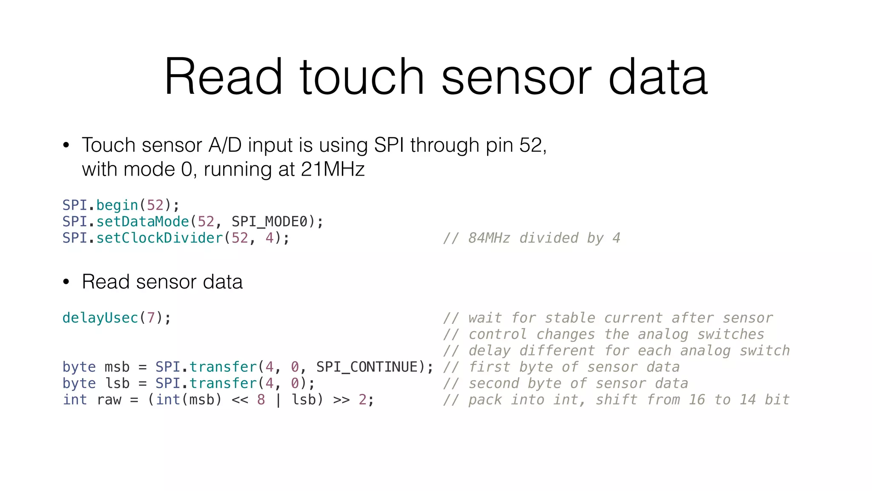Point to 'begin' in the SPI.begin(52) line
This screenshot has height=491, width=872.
pyautogui.click(x=117, y=205)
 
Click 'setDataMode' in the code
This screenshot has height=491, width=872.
pyautogui.click(x=143, y=222)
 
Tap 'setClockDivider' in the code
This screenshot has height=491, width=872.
pyautogui.click(x=160, y=238)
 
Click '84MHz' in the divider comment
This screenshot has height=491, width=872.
pyautogui.click(x=489, y=238)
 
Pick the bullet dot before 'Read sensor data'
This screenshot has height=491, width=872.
pyautogui.click(x=66, y=282)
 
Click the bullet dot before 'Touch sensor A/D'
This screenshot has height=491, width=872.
pyautogui.click(x=66, y=145)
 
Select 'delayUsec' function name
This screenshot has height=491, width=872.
pyautogui.click(x=100, y=318)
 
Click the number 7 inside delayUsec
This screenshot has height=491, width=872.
pyautogui.click(x=151, y=318)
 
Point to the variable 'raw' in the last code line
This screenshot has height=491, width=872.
pyautogui.click(x=109, y=400)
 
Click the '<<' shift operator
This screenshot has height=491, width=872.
pyautogui.click(x=240, y=400)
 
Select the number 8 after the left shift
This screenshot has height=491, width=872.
pyautogui.click(x=261, y=400)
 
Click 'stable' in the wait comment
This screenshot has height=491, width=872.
pyautogui.click(x=569, y=318)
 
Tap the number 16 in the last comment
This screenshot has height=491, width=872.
pyautogui.click(x=697, y=400)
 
